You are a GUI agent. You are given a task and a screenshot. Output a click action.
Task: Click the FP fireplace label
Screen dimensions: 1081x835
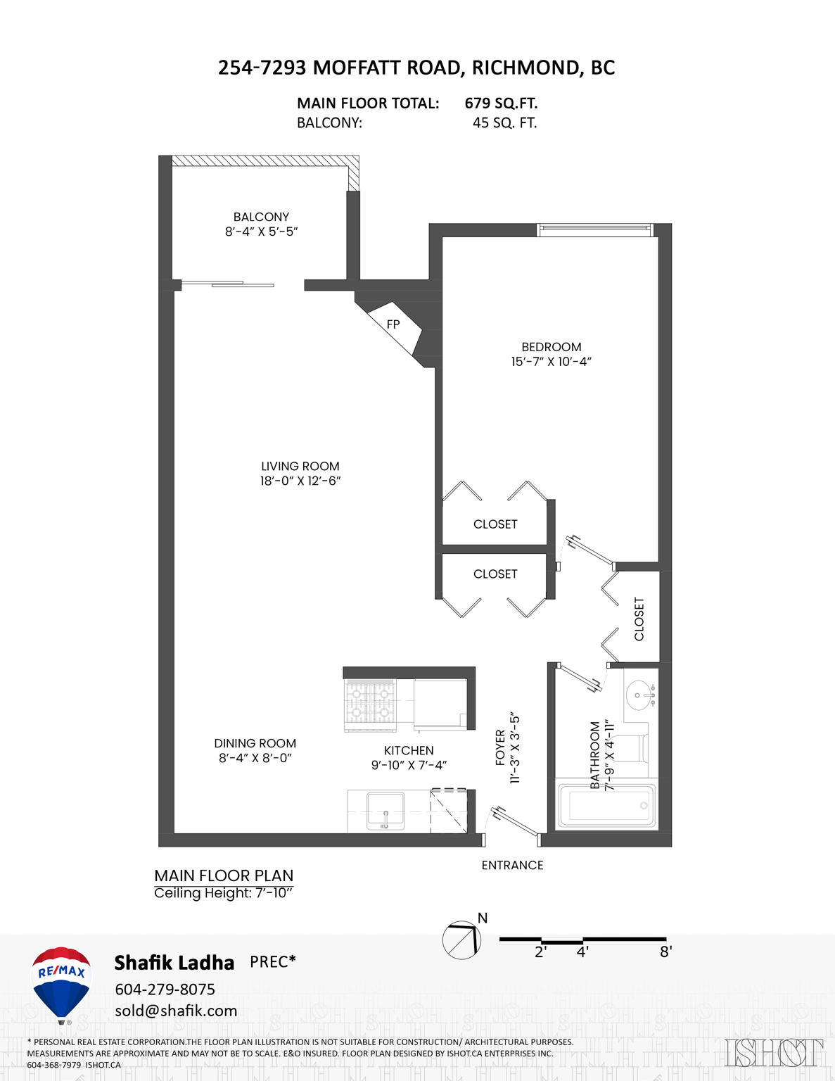(393, 324)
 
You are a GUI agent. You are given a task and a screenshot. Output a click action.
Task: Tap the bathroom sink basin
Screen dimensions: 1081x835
(640, 695)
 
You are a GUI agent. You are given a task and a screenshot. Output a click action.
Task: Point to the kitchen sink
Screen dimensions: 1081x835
(385, 811)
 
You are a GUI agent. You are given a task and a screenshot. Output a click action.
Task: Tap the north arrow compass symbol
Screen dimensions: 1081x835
(461, 940)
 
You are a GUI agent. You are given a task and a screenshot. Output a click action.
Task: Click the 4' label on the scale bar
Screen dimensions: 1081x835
(582, 952)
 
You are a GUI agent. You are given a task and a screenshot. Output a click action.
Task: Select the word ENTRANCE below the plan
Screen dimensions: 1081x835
(512, 865)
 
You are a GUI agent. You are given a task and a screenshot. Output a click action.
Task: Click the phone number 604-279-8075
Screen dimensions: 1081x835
(165, 989)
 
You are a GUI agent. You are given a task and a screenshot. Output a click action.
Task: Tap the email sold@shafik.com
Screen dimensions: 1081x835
(176, 1011)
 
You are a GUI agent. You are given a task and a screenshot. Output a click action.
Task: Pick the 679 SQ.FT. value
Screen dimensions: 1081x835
(501, 103)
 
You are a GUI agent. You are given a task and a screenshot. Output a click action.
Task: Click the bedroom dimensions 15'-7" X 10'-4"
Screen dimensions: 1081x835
(551, 362)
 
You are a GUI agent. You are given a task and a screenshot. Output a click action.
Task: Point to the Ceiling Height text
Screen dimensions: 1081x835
(223, 893)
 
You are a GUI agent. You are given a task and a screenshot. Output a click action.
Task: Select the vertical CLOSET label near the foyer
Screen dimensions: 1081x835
(639, 619)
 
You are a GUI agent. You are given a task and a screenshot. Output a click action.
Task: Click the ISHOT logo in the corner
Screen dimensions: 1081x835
(773, 1052)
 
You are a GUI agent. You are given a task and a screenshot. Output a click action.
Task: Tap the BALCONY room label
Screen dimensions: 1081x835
(261, 217)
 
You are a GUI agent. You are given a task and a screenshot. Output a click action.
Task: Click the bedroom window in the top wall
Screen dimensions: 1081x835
(595, 229)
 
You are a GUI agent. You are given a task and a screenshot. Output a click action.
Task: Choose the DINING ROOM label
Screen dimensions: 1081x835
(255, 743)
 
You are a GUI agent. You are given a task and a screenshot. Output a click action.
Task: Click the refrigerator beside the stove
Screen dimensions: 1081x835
(440, 704)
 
